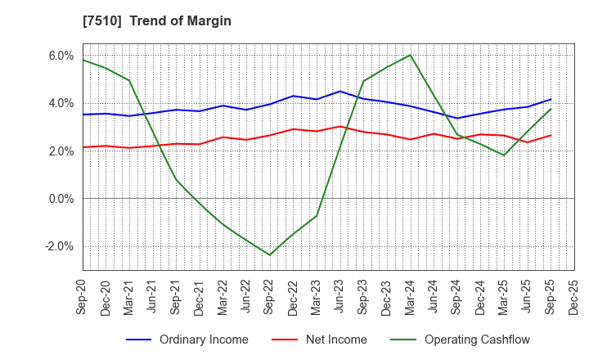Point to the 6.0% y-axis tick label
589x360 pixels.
(x=61, y=56)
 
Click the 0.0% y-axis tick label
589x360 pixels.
(x=61, y=199)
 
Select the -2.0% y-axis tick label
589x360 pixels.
(x=60, y=246)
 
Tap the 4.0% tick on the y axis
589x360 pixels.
(x=61, y=103)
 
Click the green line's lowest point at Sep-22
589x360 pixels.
(x=270, y=254)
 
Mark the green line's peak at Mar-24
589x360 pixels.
(x=410, y=55)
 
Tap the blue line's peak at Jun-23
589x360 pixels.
(x=340, y=91)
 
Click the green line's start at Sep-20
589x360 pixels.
(x=83, y=60)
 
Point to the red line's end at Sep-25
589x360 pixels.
(x=551, y=135)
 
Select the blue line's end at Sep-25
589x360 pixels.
(x=551, y=100)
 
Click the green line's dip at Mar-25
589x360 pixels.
(x=504, y=155)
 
